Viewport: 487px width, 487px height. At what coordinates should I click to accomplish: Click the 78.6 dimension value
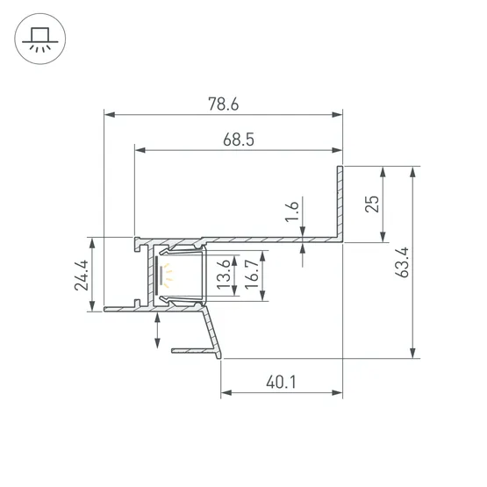tap(224, 104)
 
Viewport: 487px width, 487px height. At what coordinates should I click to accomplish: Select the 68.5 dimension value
tap(239, 140)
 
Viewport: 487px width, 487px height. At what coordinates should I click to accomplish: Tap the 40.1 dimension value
tap(281, 382)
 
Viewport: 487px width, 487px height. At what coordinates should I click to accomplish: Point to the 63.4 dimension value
tap(402, 262)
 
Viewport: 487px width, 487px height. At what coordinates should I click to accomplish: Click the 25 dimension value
tap(372, 204)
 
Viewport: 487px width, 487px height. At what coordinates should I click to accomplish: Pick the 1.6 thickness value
tap(292, 211)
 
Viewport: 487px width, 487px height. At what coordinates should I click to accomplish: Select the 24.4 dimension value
tap(82, 276)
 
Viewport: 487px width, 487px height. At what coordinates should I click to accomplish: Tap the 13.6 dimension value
tap(224, 275)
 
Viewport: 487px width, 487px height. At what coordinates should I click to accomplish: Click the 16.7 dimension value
tap(252, 275)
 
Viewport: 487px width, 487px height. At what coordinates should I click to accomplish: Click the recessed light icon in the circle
tap(40, 39)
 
